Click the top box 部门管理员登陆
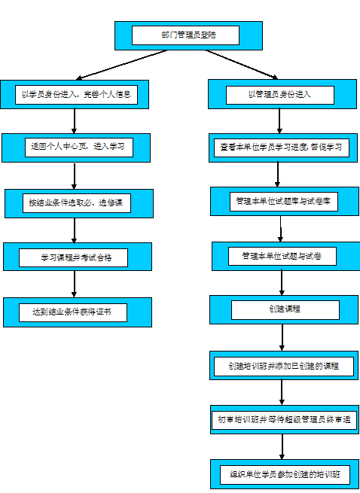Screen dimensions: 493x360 click(188, 35)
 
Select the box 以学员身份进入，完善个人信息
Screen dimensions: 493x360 click(75, 95)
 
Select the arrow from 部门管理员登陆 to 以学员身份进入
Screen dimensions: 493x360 click(124, 65)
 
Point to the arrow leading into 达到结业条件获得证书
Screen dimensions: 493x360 click(75, 284)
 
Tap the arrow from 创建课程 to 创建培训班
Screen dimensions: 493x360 click(282, 338)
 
